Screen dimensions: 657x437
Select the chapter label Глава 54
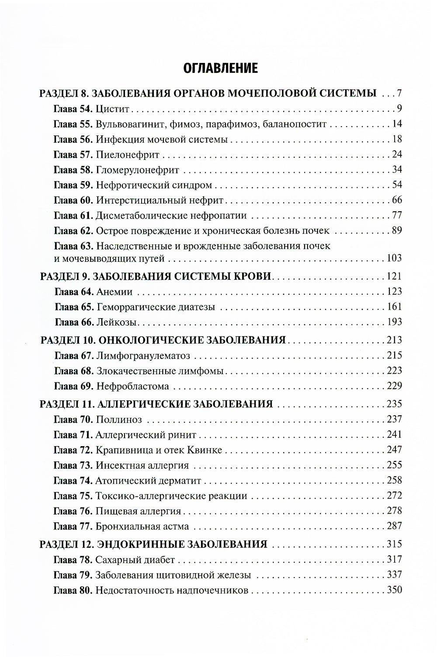[x=73, y=109]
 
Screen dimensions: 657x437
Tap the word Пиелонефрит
[x=128, y=155]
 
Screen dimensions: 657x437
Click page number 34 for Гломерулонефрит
[x=396, y=169]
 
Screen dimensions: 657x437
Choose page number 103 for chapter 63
[x=394, y=258]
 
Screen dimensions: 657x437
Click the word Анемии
[x=114, y=292]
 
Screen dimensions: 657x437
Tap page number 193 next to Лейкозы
[x=394, y=322]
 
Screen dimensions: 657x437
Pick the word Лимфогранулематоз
[x=143, y=355]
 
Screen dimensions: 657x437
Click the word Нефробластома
[x=132, y=386]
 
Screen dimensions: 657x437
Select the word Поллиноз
[x=119, y=420]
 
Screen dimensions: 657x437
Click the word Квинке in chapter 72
[x=205, y=450]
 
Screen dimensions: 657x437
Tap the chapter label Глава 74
[x=73, y=481]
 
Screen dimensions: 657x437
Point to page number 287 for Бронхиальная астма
[x=394, y=526]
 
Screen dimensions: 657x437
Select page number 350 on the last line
[x=394, y=590]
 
